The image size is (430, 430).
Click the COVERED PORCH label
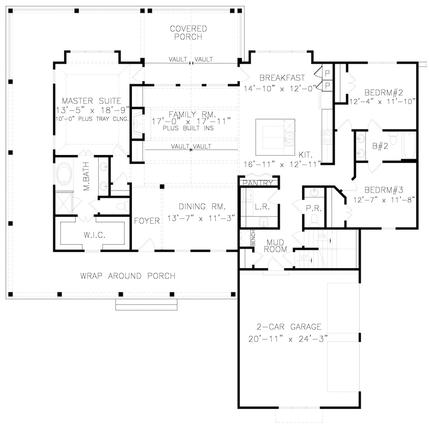coord(188,33)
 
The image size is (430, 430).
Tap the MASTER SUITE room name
coord(91,101)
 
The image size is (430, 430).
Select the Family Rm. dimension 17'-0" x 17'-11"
coord(190,121)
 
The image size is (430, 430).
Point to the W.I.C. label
coord(94,235)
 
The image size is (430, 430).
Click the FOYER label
coord(147,221)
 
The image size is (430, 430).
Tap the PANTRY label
coord(258,183)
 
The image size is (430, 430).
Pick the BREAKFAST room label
coord(282,78)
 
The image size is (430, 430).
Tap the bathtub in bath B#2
coord(408,145)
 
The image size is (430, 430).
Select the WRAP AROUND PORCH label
coord(128,276)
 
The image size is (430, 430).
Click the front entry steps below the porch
coord(146,304)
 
